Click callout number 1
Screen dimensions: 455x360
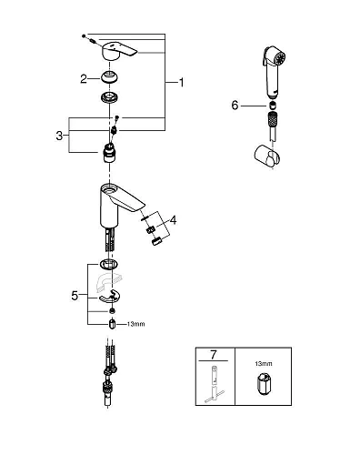pyautogui.click(x=181, y=82)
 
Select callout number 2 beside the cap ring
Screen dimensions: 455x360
pyautogui.click(x=83, y=79)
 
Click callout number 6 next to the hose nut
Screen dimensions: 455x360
pyautogui.click(x=235, y=106)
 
